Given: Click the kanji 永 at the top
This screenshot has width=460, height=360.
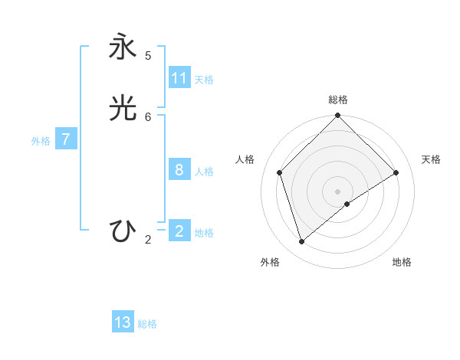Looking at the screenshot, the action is point(123,47).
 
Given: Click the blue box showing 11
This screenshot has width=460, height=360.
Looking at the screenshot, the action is point(179,78).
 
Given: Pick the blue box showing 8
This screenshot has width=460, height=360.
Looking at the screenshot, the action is point(179,170).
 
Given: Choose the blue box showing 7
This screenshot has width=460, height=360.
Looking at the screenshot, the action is point(66,139).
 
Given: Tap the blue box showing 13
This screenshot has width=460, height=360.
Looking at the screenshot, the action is point(123,322).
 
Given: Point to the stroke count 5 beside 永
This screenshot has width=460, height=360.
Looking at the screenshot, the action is point(148,56).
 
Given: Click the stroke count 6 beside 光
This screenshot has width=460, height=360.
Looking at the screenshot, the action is point(148,117).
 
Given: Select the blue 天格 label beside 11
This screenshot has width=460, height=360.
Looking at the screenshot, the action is point(204,80).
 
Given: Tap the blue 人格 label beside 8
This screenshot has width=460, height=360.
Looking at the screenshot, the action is point(204,172).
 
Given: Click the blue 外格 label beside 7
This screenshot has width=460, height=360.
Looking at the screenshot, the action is point(41,141).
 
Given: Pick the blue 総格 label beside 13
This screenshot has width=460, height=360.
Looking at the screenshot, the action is point(147,324).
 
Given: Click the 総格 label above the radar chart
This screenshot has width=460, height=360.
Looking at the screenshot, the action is point(338,100).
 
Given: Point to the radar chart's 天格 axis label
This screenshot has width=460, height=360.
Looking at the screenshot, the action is point(431,159).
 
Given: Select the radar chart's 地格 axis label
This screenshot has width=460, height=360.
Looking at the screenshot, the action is point(402,262).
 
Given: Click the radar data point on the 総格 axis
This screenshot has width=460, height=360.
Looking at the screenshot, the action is point(338,116).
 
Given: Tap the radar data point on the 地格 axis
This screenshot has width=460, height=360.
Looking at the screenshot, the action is point(347,204).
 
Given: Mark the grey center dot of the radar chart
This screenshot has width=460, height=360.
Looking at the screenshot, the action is point(338,191).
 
